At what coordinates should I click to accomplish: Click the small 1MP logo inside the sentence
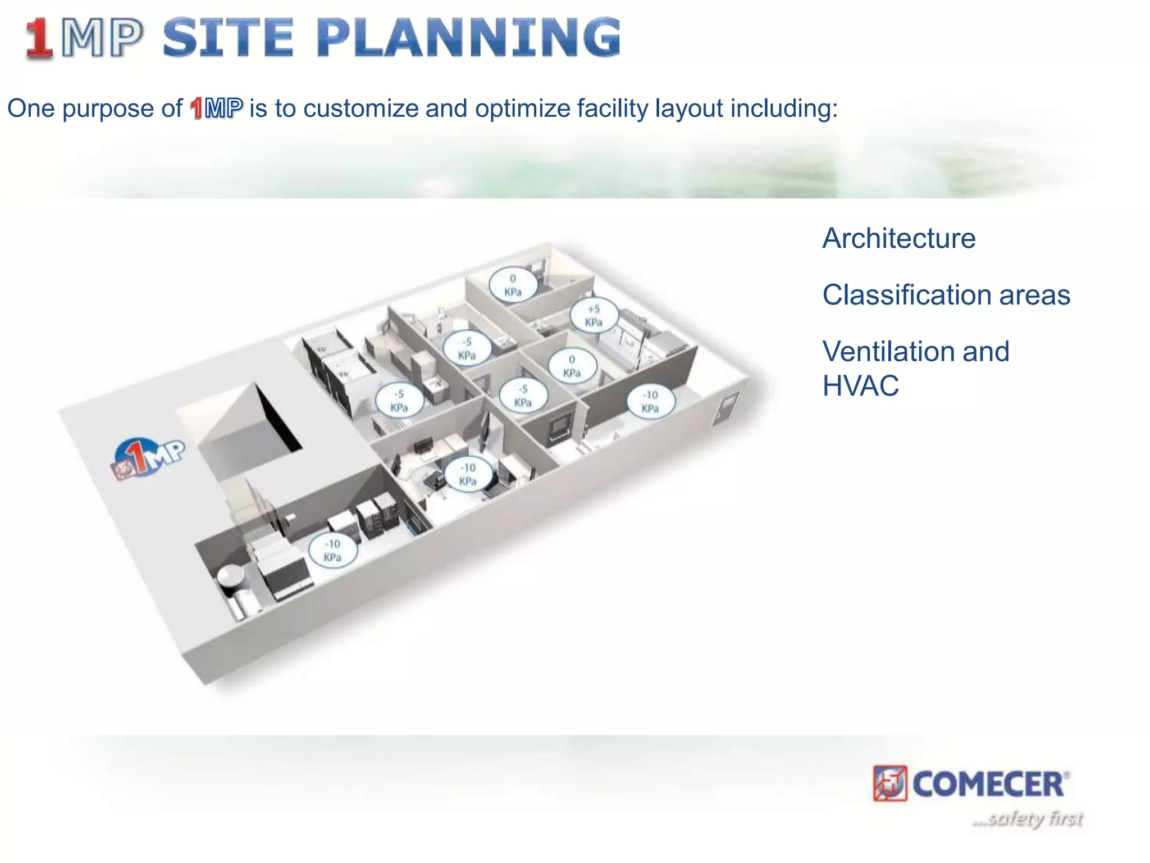coord(216,108)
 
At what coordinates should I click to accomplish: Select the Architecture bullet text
coord(898,238)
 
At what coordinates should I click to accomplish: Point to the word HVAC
coord(860,386)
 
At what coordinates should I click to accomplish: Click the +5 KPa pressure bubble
coord(594,316)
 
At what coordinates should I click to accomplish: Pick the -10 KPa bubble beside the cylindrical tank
coord(332,551)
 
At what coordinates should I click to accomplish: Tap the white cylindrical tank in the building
coord(230,579)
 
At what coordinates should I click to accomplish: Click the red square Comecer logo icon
coord(889,783)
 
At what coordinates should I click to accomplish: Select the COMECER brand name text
coord(988,784)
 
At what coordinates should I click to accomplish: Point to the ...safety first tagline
coord(1028,819)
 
